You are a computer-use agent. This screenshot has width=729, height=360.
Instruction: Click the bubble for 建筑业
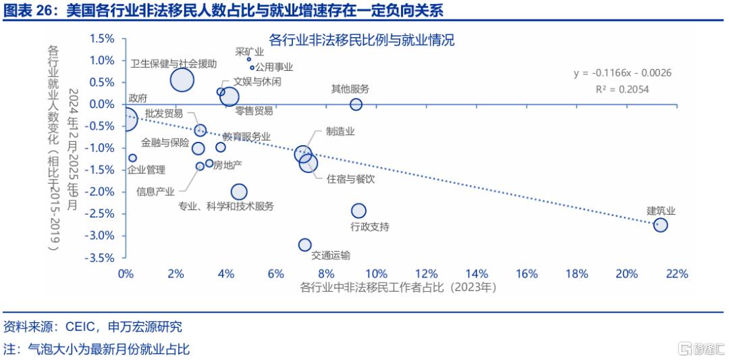point(660,225)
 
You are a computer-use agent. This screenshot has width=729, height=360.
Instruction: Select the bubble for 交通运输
point(305,245)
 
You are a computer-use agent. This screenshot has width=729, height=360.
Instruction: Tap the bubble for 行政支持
point(358,211)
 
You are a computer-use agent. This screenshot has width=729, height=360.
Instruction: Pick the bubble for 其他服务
point(356,104)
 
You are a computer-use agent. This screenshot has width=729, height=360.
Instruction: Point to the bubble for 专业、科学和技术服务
point(239,192)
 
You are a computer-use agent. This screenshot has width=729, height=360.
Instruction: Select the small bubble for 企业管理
point(133,158)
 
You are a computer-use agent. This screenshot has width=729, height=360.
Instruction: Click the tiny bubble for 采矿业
point(249,59)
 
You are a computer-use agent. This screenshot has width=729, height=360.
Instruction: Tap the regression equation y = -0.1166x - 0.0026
point(622,73)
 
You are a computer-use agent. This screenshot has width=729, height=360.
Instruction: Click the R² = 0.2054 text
point(622,88)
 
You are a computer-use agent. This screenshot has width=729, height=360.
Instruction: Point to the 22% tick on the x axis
point(677,274)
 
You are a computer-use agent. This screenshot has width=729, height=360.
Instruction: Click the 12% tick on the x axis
point(426,274)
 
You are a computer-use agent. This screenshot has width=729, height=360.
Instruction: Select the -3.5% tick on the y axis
point(101,258)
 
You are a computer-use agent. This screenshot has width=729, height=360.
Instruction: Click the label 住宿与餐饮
point(350,179)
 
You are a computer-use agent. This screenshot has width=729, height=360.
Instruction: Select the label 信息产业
point(155,191)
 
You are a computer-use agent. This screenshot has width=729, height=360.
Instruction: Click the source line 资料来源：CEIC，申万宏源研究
point(93,327)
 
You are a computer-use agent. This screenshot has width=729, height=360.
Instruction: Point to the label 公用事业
point(275,68)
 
